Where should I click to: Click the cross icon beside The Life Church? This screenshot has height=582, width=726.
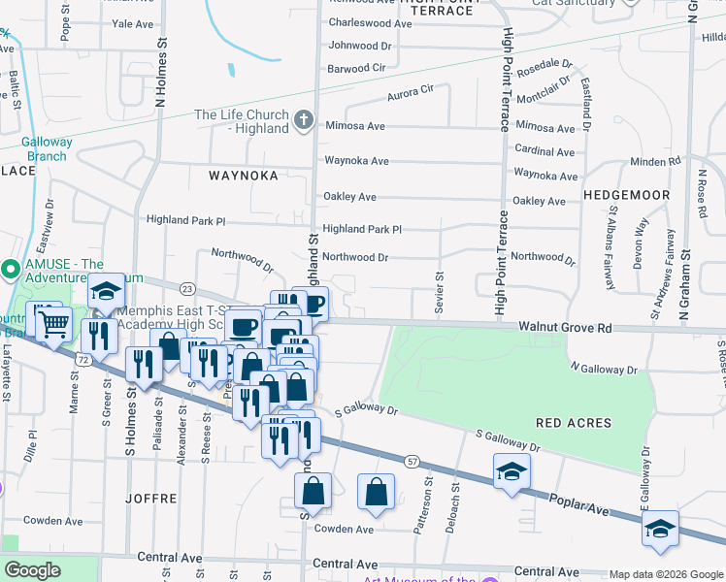click(303, 121)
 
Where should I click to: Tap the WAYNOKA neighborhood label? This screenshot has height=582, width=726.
click(243, 176)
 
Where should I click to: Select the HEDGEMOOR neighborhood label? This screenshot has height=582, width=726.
click(627, 195)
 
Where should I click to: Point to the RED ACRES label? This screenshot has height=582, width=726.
click(574, 423)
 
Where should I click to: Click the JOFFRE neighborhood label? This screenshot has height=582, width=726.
click(150, 498)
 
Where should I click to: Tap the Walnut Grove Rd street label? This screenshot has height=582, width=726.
click(564, 329)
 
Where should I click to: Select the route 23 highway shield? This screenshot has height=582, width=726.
click(187, 288)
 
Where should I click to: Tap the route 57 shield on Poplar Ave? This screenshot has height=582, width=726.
click(412, 461)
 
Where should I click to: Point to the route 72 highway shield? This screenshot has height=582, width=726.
click(84, 360)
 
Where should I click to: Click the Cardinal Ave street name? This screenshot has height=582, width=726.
click(544, 150)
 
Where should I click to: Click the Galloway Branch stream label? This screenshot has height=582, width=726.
click(47, 148)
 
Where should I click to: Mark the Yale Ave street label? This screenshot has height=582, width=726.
click(133, 23)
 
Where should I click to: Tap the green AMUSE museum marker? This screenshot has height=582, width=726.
click(10, 269)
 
